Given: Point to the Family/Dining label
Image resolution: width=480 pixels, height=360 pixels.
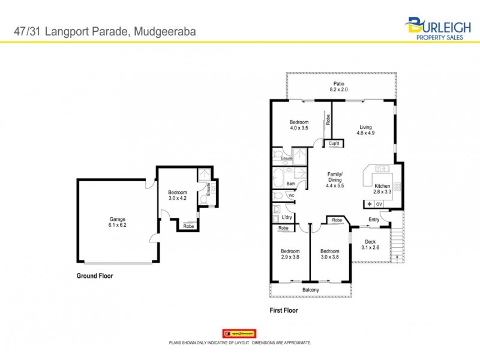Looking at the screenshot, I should (x=335, y=177).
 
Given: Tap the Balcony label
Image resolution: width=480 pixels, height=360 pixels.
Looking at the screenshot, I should (x=310, y=290).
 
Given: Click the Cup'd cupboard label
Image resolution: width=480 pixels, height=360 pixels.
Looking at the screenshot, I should (x=334, y=143).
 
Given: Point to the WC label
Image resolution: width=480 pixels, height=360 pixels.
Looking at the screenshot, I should (x=291, y=195).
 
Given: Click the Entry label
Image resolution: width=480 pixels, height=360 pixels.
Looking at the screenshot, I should (x=374, y=219).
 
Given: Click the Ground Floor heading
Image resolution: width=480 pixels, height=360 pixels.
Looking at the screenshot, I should (x=95, y=277).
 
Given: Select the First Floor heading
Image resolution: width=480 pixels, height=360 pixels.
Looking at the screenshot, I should (x=284, y=311).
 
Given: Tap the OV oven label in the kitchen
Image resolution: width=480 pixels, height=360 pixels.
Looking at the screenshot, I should (x=379, y=204).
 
